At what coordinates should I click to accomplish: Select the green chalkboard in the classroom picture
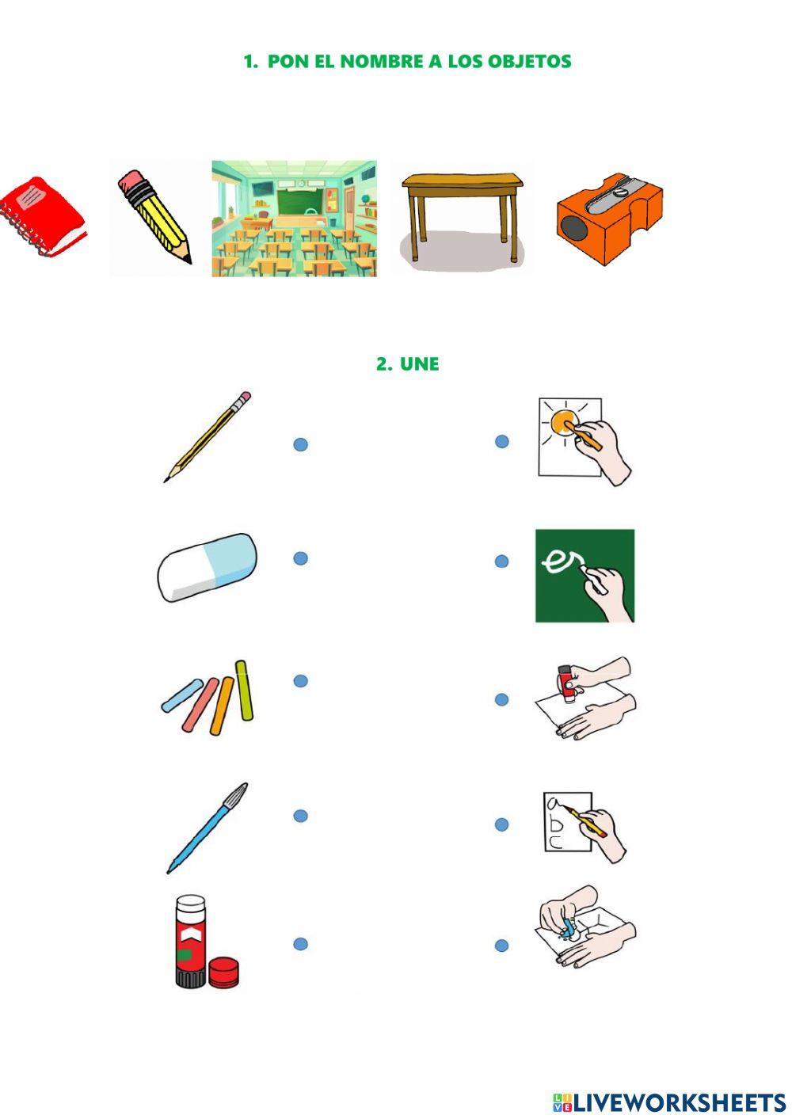(299, 202)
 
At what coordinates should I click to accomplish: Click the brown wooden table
(463, 215)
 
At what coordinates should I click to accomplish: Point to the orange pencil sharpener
(610, 219)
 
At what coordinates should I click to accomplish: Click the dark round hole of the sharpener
(574, 229)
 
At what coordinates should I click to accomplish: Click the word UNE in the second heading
(419, 363)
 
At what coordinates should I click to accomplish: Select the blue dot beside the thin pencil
(300, 444)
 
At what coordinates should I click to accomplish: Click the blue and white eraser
(207, 567)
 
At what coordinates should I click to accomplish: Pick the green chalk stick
(244, 690)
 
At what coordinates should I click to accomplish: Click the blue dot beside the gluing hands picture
(501, 699)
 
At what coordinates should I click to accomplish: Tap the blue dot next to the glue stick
(300, 944)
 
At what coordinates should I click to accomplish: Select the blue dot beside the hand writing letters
(501, 824)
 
